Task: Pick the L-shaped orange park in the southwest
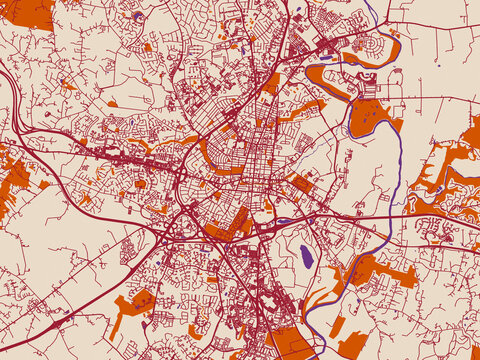click(135, 306)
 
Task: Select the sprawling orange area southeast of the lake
click(375, 270)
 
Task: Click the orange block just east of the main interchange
click(228, 226)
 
